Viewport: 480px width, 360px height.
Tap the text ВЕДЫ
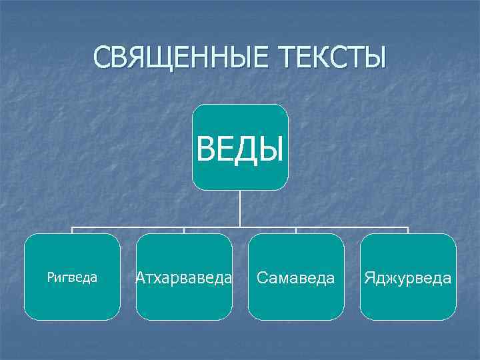tap(240, 149)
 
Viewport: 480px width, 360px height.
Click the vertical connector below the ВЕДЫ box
tap(240, 208)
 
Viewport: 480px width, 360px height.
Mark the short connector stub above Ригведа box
tap(72, 231)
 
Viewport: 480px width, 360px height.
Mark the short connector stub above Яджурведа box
tap(408, 231)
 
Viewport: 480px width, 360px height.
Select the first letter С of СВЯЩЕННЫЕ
tap(101, 58)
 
